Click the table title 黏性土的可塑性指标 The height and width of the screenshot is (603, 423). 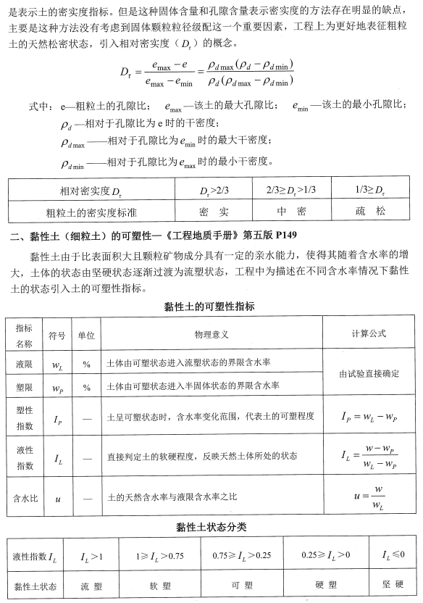click(210, 307)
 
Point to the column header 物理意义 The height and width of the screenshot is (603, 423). click(211, 334)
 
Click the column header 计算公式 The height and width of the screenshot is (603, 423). click(369, 334)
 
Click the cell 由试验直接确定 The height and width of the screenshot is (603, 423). click(369, 374)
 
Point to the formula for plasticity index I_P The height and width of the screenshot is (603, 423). click(369, 417)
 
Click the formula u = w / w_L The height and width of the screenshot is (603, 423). click(369, 498)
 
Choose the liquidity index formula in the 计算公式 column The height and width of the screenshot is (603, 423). click(369, 457)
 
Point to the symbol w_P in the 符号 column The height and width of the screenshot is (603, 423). click(57, 388)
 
